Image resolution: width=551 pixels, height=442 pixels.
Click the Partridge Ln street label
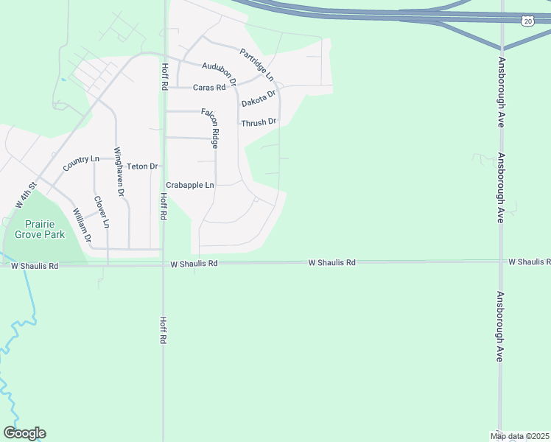pyautogui.click(x=257, y=65)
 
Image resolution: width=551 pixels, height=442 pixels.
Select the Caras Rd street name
pyautogui.click(x=209, y=88)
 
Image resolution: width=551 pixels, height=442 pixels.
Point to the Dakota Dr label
pyautogui.click(x=258, y=98)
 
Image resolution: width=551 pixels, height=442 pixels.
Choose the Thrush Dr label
pyautogui.click(x=259, y=122)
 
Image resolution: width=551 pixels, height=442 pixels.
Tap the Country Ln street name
pyautogui.click(x=81, y=163)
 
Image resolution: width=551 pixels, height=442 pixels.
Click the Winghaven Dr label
pyautogui.click(x=119, y=172)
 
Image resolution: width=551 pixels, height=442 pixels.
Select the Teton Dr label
pyautogui.click(x=143, y=166)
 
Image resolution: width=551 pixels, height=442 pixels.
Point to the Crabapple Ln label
pyautogui.click(x=190, y=185)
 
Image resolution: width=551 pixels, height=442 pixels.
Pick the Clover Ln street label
pyautogui.click(x=102, y=211)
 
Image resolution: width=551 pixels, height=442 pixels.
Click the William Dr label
pyautogui.click(x=82, y=225)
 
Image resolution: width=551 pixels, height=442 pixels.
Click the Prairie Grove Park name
pyautogui.click(x=45, y=229)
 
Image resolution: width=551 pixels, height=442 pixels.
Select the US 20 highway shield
pyautogui.click(x=528, y=21)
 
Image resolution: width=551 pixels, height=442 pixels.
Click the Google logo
pyautogui.click(x=24, y=433)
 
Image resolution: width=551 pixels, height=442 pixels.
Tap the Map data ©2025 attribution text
pyautogui.click(x=520, y=435)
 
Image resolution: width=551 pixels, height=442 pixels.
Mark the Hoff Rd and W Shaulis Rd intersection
pyautogui.click(x=163, y=263)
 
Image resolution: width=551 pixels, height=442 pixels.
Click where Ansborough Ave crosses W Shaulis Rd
pyautogui.click(x=501, y=262)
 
